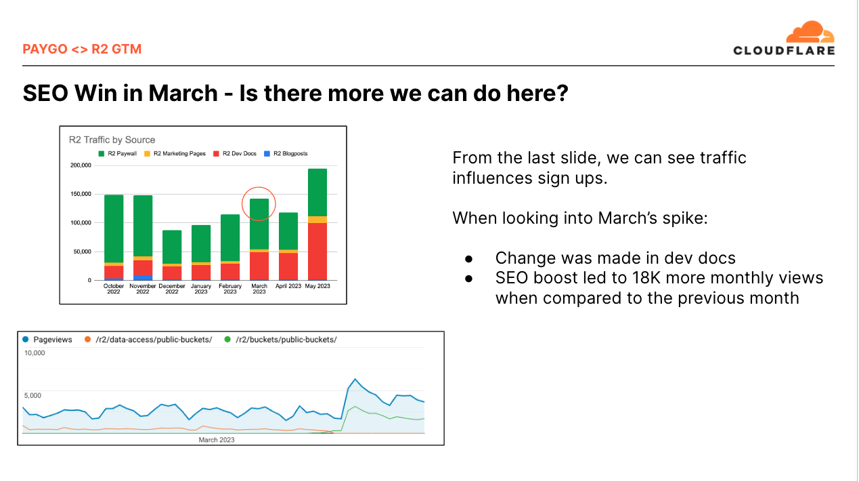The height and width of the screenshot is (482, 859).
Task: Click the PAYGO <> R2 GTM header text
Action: [x=82, y=49]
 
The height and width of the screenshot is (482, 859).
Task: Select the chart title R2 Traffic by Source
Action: [x=112, y=140]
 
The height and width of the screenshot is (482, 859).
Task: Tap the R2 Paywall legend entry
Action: [x=117, y=154]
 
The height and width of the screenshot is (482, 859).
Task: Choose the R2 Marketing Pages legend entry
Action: [x=175, y=154]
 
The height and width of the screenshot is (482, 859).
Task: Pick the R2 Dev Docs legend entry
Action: [x=235, y=154]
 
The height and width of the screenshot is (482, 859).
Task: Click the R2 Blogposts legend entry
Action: [x=286, y=154]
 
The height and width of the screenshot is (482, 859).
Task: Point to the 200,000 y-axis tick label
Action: [x=81, y=165]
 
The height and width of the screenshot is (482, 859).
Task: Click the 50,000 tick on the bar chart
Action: [x=82, y=252]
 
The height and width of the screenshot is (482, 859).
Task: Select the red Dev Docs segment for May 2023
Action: [x=317, y=252]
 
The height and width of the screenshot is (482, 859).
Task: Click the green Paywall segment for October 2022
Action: [x=114, y=229]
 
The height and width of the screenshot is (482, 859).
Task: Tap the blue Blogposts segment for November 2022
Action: [x=143, y=278]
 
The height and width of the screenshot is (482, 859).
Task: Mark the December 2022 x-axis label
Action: [x=172, y=289]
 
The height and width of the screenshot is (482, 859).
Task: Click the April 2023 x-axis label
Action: [x=288, y=286]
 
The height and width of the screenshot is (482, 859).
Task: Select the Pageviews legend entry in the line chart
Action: [x=47, y=340]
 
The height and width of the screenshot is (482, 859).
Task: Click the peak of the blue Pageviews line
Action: [x=355, y=379]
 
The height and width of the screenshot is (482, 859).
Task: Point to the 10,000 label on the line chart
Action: [x=35, y=353]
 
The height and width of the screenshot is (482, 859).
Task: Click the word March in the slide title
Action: [x=183, y=94]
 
